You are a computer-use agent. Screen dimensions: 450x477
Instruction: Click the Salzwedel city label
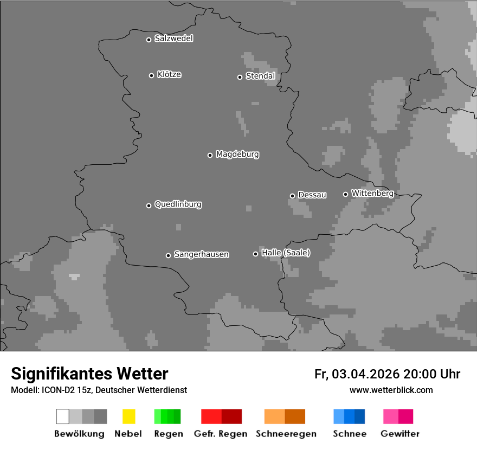173,38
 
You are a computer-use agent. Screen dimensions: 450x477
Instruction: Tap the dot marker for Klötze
151,75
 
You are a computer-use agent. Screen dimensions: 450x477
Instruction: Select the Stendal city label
260,76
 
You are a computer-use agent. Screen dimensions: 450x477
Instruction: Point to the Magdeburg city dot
210,155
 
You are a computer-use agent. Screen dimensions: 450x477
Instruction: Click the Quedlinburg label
178,204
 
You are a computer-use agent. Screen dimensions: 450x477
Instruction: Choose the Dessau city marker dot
292,196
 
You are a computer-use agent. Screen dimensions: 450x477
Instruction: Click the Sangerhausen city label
201,254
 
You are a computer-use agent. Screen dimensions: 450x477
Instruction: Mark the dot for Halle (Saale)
255,254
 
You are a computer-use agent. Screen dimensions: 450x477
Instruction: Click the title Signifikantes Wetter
89,374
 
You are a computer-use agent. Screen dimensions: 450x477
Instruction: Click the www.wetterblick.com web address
391,390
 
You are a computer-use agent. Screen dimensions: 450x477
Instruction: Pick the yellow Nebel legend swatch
128,416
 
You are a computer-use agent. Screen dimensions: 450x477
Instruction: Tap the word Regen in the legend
168,434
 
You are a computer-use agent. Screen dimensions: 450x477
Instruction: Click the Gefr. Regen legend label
221,434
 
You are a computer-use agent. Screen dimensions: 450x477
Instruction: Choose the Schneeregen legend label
286,434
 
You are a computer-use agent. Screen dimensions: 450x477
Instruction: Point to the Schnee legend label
349,434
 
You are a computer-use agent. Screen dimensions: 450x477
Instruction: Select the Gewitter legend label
400,434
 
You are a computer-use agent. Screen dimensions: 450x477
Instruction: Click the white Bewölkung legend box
63,416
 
